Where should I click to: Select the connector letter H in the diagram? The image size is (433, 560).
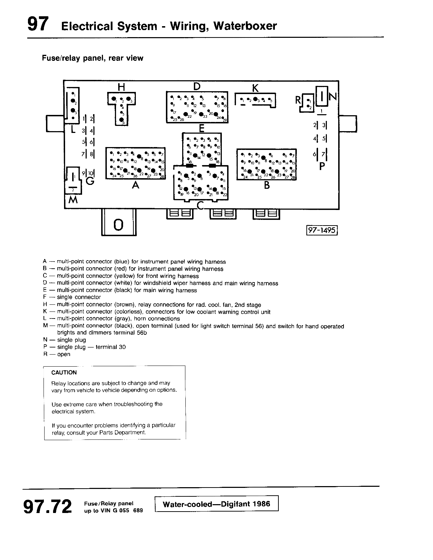(121, 87)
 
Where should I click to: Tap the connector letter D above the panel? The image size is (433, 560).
(197, 86)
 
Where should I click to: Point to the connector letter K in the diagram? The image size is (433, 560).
(255, 88)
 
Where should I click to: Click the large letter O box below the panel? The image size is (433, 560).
(119, 224)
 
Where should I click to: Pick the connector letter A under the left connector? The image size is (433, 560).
(135, 185)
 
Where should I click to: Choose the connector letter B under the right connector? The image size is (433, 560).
(267, 185)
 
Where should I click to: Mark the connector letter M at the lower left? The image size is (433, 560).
(73, 200)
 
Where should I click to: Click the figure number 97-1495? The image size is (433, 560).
(322, 230)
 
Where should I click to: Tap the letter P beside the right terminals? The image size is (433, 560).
(322, 166)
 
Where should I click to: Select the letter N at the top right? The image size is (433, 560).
(333, 96)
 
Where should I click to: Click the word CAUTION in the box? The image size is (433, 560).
(64, 373)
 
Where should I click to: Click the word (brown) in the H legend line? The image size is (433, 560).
(125, 305)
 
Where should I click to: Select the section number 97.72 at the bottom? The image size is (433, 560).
(47, 507)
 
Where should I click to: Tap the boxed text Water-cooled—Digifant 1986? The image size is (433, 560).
(216, 504)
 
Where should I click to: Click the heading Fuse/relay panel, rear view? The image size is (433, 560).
(93, 58)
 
